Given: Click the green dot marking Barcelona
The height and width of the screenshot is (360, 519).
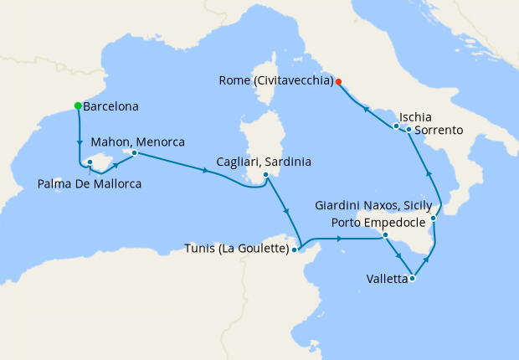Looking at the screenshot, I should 78,106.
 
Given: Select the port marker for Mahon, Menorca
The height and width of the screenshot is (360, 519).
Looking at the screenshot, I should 134,152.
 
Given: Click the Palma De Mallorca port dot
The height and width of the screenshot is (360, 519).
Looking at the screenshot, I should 90,163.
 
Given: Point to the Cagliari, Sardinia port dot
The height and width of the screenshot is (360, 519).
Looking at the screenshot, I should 265,175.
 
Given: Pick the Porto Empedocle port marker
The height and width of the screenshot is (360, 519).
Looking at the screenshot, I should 384,235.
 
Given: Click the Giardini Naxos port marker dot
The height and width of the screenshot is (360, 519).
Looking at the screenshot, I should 433,219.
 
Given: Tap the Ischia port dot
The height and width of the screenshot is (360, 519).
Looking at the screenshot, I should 396,126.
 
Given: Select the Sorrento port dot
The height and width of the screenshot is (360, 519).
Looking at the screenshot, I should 409,130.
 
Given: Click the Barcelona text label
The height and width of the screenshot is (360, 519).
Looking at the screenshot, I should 111,107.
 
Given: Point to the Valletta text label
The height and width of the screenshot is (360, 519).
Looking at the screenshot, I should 387,279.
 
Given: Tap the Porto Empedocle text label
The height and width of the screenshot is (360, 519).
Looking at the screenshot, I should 378,222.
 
